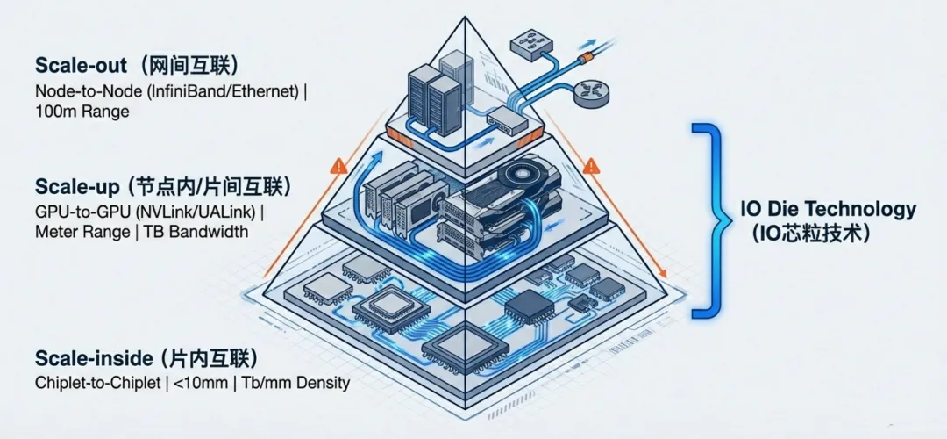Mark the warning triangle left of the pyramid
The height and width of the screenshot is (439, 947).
(338, 165)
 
